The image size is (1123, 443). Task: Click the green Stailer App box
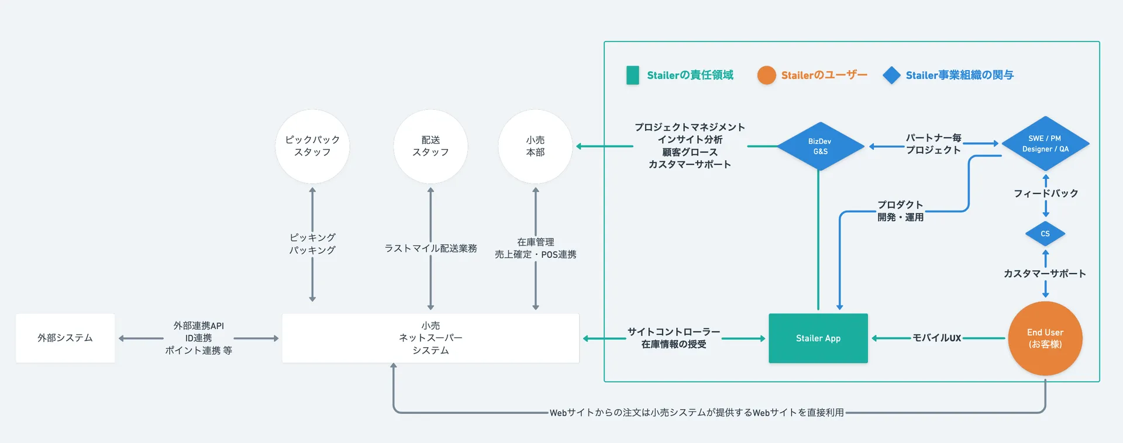(818, 338)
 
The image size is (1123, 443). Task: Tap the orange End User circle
(1045, 338)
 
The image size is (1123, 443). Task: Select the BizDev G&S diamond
(820, 146)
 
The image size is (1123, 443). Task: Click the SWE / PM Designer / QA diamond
(1045, 144)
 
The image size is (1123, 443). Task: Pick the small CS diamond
(1045, 234)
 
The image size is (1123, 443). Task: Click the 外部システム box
(65, 338)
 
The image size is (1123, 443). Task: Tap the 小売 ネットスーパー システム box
(430, 338)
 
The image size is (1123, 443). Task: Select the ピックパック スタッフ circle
(312, 146)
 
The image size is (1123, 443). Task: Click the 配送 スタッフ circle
(430, 146)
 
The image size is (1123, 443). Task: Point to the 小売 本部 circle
(535, 146)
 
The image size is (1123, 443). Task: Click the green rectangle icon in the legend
(632, 75)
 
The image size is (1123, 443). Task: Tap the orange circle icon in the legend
(766, 75)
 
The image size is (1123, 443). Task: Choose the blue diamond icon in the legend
(891, 75)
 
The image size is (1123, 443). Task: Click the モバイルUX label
(936, 338)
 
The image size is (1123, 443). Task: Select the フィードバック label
(1045, 193)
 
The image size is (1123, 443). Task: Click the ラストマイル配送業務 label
(430, 248)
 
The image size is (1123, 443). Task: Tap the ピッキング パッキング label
(312, 244)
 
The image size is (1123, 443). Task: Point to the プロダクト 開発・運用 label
(900, 211)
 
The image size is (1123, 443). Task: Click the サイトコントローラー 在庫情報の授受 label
(673, 338)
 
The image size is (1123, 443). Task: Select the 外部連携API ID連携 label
(198, 332)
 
